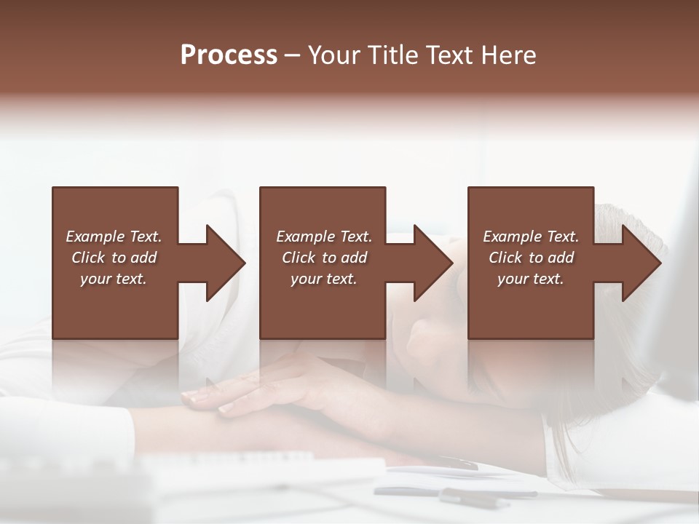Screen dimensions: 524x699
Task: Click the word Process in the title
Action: coord(229,55)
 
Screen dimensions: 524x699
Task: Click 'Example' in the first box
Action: coord(95,237)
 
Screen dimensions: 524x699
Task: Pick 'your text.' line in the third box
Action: coord(530,279)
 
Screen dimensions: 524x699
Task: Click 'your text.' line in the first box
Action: coord(114,279)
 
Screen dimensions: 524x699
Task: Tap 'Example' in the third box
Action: coord(513,237)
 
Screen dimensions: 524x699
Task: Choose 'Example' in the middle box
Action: coord(306,237)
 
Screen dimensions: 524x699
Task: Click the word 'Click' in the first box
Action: coord(88,258)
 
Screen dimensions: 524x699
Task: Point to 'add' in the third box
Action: coord(560,258)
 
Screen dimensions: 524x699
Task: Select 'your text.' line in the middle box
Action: coord(323,279)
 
